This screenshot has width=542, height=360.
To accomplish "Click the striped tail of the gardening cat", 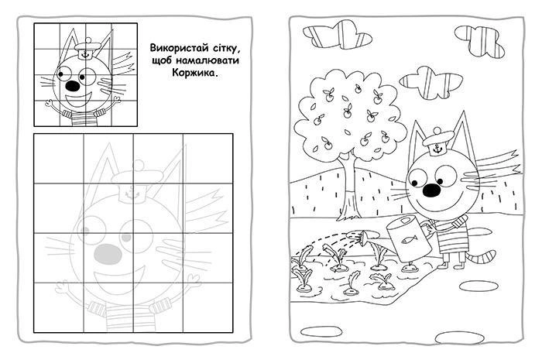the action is pos(485,256).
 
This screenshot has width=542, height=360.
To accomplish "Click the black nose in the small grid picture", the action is pos(73,86).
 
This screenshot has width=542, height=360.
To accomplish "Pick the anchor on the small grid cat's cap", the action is pos(84,54).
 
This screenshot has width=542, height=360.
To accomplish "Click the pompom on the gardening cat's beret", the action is pos(437,131).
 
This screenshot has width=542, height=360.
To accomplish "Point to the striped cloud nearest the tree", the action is pos(431,82).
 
